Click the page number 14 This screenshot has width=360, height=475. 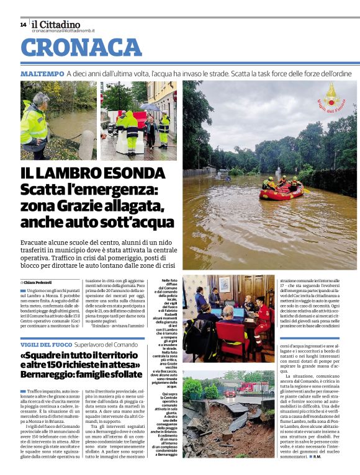point(23,24)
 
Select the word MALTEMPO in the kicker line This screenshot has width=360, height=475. point(42,74)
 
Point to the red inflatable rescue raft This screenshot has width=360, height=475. point(282,192)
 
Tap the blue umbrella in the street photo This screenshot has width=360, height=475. point(150,107)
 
